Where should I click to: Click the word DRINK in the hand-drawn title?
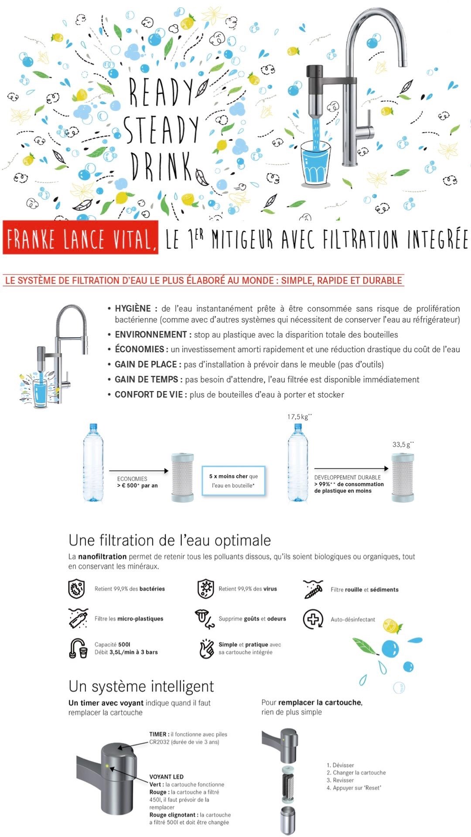(x=161, y=167)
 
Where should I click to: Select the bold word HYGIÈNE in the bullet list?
(x=133, y=309)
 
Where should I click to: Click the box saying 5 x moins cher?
(x=233, y=481)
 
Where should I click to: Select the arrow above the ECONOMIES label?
(x=139, y=471)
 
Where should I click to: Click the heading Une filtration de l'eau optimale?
(x=170, y=541)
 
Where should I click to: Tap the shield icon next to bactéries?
(x=76, y=589)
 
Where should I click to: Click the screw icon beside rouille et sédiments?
(x=314, y=589)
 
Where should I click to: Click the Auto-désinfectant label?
(x=352, y=619)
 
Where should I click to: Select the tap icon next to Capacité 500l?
(x=78, y=648)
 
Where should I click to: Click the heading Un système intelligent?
(x=141, y=686)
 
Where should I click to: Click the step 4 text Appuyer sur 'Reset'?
(x=354, y=788)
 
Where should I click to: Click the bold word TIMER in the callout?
(x=158, y=734)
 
